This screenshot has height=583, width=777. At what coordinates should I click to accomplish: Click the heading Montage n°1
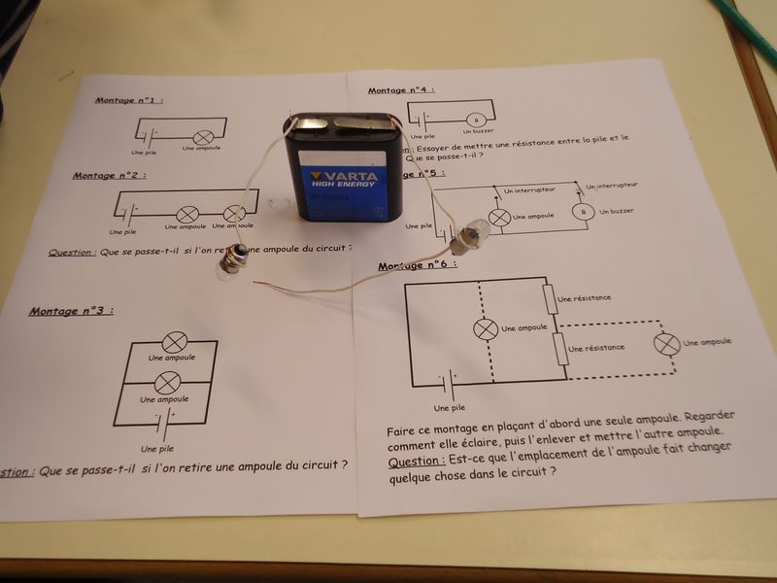(128, 100)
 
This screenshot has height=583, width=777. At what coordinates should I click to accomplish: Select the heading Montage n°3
(70, 311)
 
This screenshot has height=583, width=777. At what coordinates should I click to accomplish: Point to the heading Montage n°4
(400, 90)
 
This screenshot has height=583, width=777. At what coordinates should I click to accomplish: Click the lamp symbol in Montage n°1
(204, 137)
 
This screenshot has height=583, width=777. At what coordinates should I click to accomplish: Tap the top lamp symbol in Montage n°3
(175, 341)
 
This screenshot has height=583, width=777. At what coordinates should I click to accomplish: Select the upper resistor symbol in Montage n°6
(551, 299)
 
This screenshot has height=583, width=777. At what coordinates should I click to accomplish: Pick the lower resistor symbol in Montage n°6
(559, 347)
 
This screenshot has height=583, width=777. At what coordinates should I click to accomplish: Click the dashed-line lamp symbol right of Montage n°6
(666, 344)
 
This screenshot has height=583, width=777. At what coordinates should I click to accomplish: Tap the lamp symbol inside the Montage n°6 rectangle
(484, 329)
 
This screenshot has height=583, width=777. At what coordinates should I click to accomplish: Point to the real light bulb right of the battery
(471, 233)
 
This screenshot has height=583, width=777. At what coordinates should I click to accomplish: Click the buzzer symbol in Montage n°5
(583, 211)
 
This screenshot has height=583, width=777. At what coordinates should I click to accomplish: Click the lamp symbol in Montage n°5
(498, 217)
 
